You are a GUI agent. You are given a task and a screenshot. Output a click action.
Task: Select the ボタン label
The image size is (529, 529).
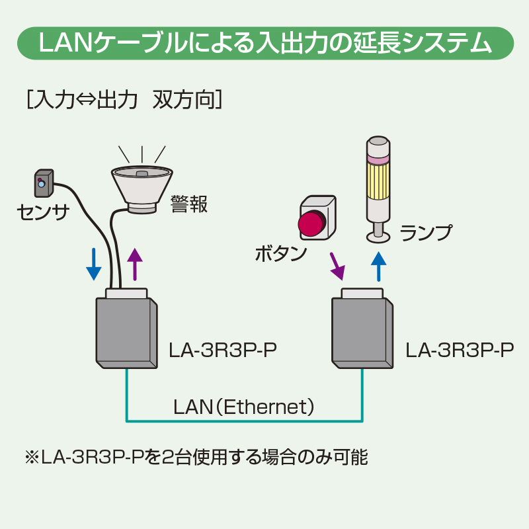pos(281,253)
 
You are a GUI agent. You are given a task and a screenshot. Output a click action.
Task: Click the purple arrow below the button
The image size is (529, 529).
pos(337,266)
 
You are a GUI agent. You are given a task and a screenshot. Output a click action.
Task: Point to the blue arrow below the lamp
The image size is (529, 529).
pos(378,266)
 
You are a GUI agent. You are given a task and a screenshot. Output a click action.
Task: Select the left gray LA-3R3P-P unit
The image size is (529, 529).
pos(126,332)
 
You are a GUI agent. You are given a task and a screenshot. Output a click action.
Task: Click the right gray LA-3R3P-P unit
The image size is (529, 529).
pos(361,332)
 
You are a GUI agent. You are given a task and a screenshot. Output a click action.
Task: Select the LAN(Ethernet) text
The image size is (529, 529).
pos(243,405)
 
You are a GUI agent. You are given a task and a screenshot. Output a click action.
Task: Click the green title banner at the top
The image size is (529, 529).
pos(264,44)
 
